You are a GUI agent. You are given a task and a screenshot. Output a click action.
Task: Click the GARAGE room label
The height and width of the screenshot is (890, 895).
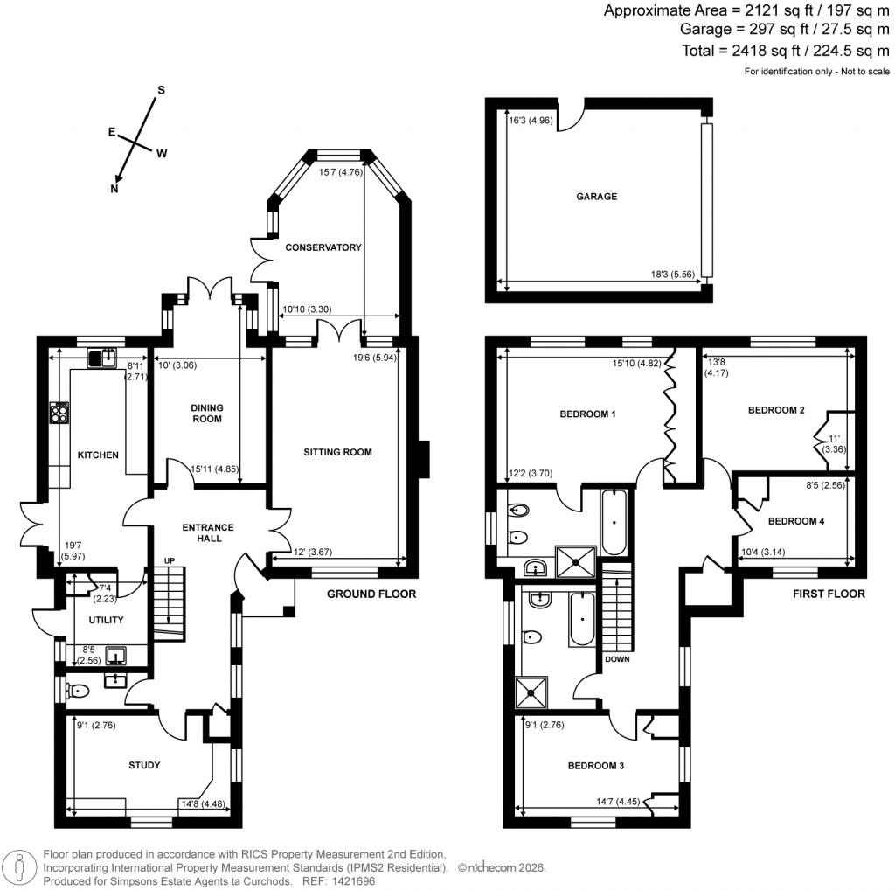[x=596, y=197]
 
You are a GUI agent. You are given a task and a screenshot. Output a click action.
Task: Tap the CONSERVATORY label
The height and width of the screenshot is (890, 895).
[x=323, y=247]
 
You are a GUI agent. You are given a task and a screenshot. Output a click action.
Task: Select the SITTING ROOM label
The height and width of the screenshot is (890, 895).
[x=337, y=452]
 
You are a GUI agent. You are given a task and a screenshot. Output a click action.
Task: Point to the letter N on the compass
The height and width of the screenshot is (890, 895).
[x=114, y=188]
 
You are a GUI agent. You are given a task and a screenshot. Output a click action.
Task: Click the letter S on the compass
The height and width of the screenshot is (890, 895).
[x=161, y=90]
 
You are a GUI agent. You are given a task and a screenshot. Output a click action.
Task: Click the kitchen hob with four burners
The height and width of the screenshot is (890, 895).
[x=60, y=412]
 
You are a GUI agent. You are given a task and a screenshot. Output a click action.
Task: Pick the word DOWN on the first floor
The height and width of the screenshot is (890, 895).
[x=616, y=660]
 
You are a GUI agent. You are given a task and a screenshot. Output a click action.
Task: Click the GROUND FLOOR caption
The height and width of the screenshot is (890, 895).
[x=371, y=594]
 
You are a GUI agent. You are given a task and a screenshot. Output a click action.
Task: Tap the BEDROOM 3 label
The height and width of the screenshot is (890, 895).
[x=596, y=766]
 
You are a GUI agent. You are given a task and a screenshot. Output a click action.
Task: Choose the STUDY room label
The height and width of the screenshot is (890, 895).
[x=144, y=765]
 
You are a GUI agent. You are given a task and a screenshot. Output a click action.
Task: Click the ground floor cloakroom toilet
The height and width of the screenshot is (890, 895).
[x=78, y=692]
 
